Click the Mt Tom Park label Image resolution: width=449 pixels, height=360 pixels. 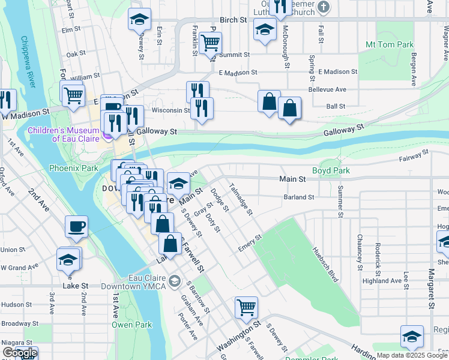(x=390, y=45)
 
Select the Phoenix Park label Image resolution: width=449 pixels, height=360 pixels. (x=73, y=169)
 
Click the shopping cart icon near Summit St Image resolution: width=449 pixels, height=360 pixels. (x=211, y=43)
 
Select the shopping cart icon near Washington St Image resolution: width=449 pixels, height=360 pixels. (x=246, y=308)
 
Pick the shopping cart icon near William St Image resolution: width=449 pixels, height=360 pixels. (x=73, y=95)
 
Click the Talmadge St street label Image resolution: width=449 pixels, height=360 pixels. (x=242, y=199)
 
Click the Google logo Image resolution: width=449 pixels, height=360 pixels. (x=20, y=353)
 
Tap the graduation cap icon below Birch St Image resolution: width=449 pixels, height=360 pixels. (x=264, y=29)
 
